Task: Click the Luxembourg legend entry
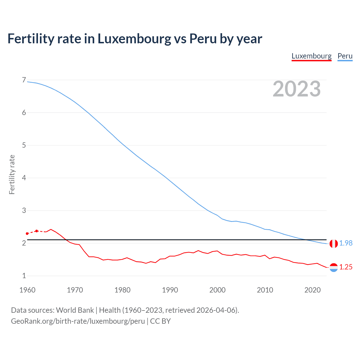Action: tap(311, 56)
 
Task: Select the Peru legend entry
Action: tap(345, 56)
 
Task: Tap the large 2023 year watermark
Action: tap(297, 89)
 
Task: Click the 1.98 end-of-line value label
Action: tap(346, 243)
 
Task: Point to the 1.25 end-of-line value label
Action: tap(346, 267)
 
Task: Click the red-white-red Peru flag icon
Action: tap(334, 244)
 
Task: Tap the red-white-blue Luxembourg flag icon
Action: tap(334, 267)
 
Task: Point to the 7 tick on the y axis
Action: tap(24, 80)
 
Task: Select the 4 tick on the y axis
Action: tap(24, 178)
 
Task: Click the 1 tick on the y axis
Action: tap(24, 276)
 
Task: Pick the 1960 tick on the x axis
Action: tap(27, 290)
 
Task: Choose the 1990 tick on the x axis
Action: tap(170, 290)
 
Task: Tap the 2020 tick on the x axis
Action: tap(312, 290)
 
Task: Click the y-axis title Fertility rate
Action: tap(12, 174)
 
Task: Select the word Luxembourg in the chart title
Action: tap(134, 39)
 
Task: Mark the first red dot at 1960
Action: tap(27, 234)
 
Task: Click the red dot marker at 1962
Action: tap(37, 231)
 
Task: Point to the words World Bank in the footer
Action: tap(75, 310)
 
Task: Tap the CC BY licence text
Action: tap(160, 321)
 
